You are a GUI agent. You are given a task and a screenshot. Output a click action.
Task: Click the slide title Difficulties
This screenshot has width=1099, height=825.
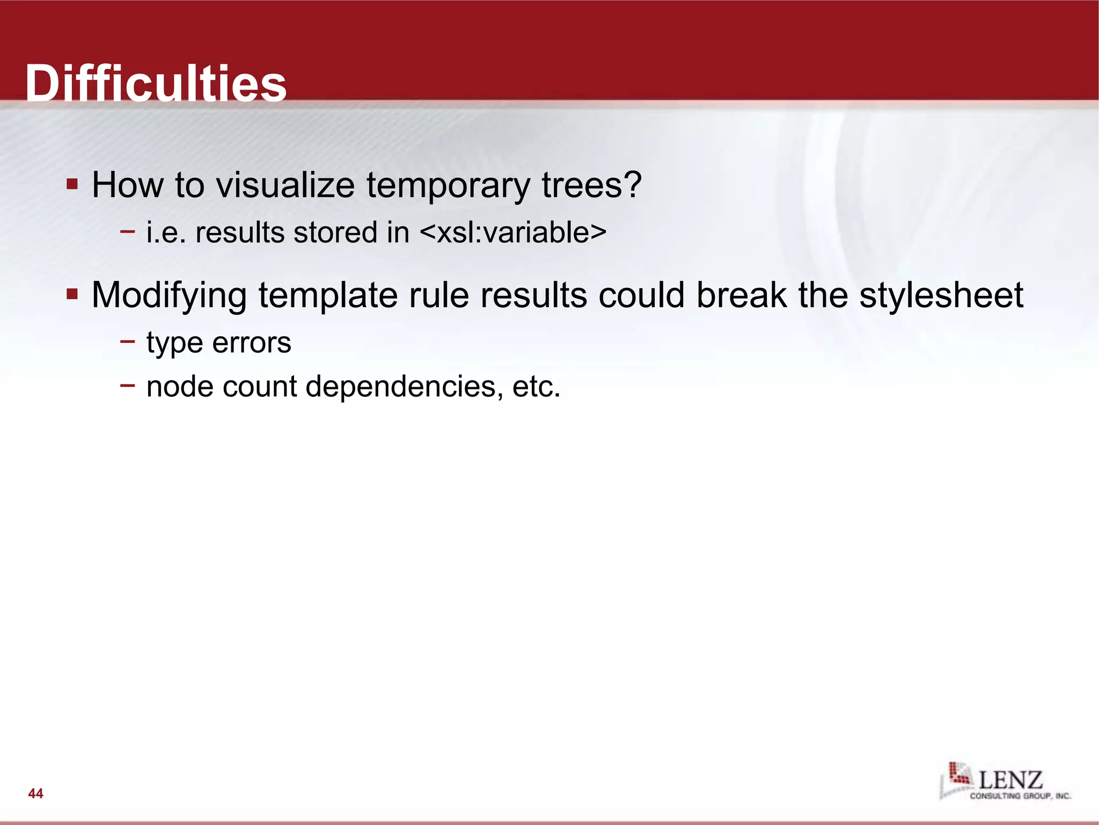point(156,83)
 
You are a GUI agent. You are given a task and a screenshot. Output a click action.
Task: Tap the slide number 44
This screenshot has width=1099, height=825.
point(35,793)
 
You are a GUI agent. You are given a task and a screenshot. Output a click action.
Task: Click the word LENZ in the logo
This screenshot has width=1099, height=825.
point(1010,779)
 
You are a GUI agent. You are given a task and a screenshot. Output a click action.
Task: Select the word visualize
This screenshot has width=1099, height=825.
point(285,185)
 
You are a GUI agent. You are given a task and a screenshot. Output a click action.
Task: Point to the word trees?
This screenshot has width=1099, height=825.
point(591,185)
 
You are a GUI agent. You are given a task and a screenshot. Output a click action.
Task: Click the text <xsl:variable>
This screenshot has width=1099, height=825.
point(512,233)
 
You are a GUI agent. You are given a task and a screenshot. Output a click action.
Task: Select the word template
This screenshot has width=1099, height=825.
point(328,296)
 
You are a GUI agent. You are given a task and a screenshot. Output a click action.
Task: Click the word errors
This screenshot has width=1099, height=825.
point(252,343)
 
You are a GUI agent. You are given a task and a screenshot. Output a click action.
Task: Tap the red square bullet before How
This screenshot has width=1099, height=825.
point(72,185)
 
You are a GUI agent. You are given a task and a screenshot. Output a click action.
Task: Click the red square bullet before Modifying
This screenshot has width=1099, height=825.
point(72,294)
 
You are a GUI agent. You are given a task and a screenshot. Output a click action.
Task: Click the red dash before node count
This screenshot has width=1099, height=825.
point(128,385)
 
